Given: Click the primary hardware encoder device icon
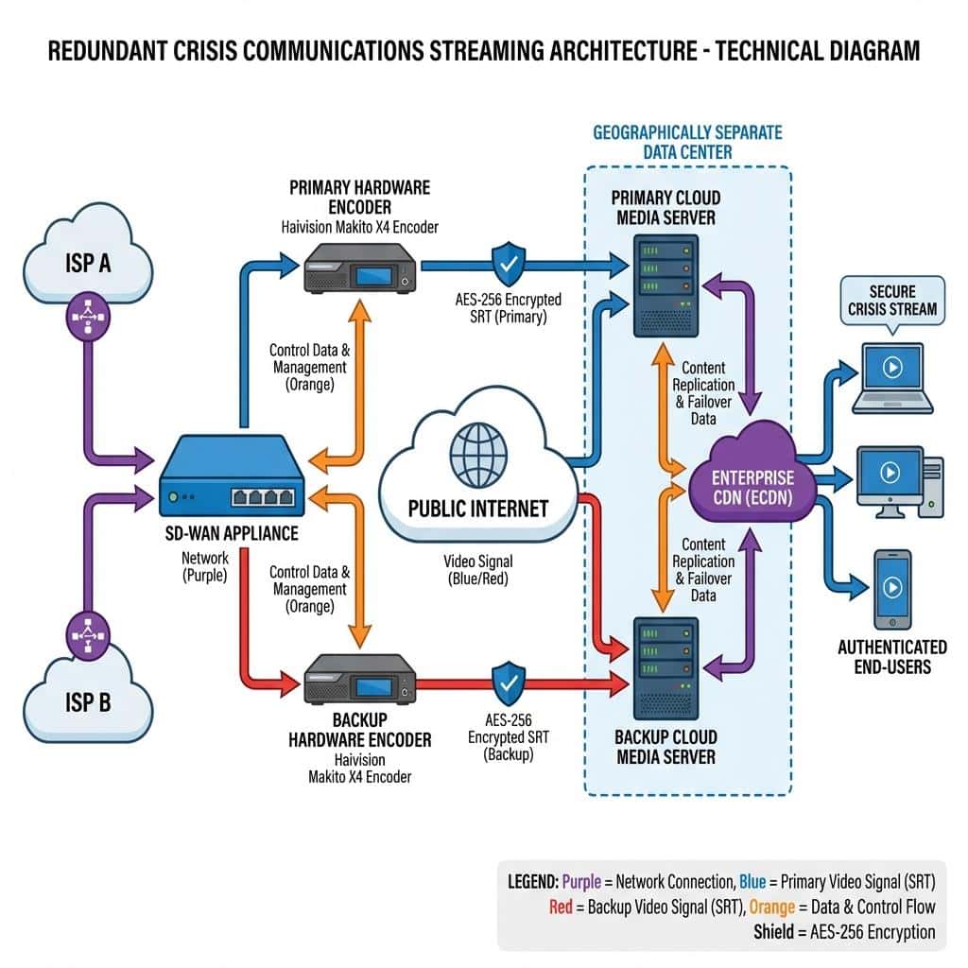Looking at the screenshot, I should pos(360,268).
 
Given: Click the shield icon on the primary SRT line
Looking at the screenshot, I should pos(509,264).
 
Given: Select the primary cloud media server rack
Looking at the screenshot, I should pos(666,284).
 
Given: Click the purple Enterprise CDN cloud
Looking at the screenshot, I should pos(753,476).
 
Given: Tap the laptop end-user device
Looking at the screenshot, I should pos(891,378).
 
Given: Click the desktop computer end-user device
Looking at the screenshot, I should pos(898,481).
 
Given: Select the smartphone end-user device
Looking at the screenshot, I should pos(891,588).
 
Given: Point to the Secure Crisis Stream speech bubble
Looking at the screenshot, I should pos(892,300).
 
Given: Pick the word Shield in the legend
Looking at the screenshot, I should pos(779,931).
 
